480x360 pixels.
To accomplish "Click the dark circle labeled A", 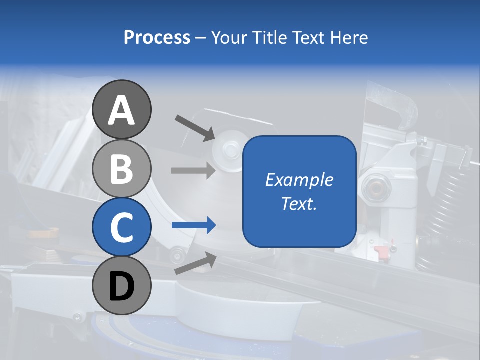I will pos(121,110).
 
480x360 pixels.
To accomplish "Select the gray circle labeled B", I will pos(121,168).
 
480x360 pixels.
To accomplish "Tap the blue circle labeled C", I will pos(121,227).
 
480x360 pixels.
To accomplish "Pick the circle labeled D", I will pos(121,285).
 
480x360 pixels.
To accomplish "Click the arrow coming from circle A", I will pos(195,127).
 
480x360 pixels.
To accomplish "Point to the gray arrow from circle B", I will pos(193,170).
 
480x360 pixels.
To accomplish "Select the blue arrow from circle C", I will pos(193,226).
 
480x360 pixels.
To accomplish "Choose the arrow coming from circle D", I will pos(195,263).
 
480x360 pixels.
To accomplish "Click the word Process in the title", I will pos(157,37).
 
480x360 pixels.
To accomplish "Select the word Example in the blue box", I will pos(299,180).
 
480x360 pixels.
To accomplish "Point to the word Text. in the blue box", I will pos(299,203).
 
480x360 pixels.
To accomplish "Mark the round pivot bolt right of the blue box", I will pos(374,186).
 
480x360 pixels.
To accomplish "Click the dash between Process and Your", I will pos(200,38).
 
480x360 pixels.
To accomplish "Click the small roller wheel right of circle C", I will pos(176,256).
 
